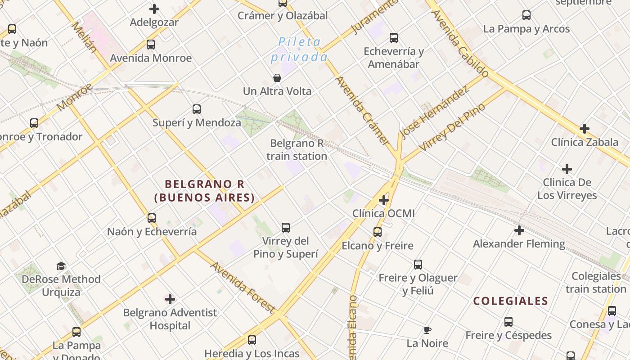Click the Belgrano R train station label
(297, 150)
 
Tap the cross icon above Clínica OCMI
(384, 200)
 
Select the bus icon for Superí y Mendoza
(197, 109)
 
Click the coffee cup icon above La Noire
(427, 330)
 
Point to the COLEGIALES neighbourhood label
(510, 301)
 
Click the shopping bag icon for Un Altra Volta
(277, 78)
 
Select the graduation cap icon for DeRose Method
(61, 266)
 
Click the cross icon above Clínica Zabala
(585, 129)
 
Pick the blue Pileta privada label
(299, 50)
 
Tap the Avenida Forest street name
(242, 287)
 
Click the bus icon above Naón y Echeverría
(152, 218)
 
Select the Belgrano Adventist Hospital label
(170, 319)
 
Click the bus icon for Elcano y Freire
(378, 232)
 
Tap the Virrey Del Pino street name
(452, 127)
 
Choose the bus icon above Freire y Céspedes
(508, 322)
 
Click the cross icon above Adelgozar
(154, 9)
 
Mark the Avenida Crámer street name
(362, 110)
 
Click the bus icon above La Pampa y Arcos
(526, 15)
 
